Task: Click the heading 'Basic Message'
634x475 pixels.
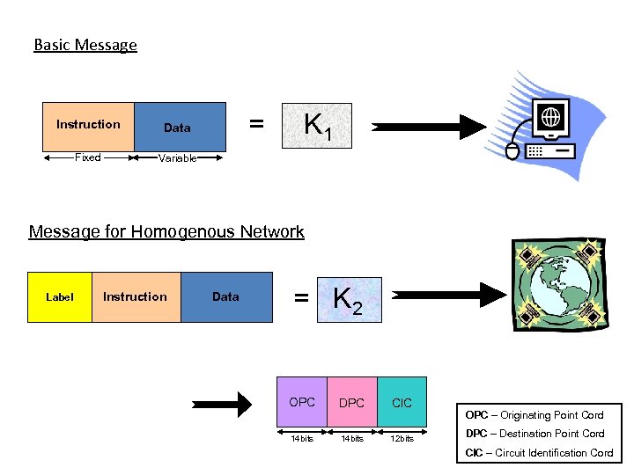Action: click(85, 45)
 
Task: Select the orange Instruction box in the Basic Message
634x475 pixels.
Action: click(88, 127)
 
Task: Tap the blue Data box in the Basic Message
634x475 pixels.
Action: click(178, 128)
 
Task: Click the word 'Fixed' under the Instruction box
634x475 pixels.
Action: click(87, 157)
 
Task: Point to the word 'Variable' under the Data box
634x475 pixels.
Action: click(177, 158)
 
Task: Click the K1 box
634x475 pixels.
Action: click(315, 127)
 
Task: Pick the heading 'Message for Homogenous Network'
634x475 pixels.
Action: click(166, 232)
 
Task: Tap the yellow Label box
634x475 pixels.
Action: click(60, 297)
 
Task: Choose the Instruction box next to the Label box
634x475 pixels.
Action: click(136, 297)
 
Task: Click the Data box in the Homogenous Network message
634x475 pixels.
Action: click(226, 297)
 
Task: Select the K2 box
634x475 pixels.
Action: click(348, 300)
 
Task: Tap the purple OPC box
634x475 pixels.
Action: click(302, 402)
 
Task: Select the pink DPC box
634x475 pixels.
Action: click(352, 402)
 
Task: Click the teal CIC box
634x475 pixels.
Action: click(402, 402)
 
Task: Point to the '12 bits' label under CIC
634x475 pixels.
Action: click(402, 438)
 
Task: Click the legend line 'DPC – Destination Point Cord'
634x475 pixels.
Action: click(534, 434)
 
